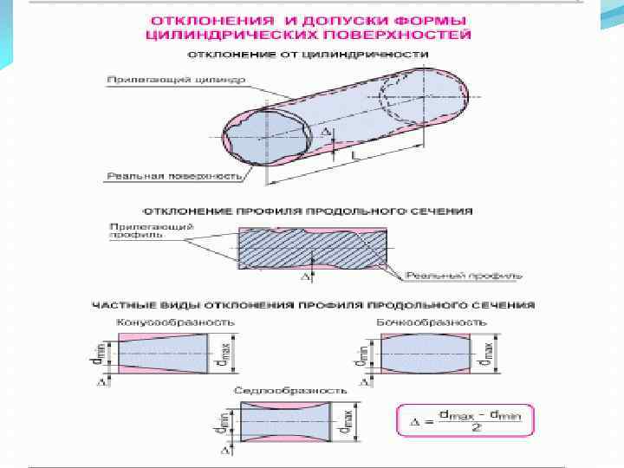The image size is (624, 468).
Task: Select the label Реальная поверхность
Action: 173,176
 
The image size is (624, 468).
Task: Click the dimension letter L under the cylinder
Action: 355,154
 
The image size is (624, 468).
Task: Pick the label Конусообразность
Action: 175,322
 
